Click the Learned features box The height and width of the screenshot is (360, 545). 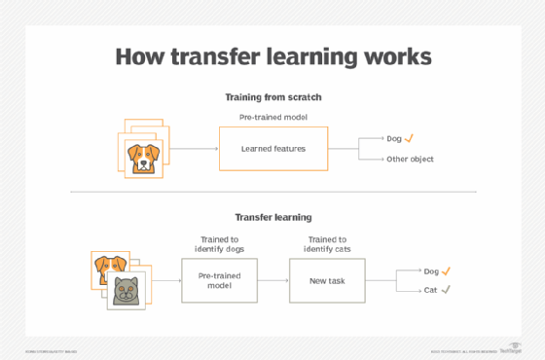[274, 149]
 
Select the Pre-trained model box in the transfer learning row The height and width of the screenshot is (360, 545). [219, 280]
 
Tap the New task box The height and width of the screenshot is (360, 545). [326, 280]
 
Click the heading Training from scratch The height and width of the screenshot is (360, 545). [273, 97]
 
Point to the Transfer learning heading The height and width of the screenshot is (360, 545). [272, 217]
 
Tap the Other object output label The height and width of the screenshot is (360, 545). [409, 159]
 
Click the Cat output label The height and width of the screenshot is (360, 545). [430, 290]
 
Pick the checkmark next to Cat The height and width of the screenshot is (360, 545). [446, 290]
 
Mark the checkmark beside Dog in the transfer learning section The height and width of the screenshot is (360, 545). [447, 271]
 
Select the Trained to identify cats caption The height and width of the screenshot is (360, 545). [327, 245]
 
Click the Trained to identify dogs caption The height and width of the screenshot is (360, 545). [219, 245]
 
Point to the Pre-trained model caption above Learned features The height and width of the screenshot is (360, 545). [273, 117]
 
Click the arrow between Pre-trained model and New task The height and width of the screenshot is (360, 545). [272, 280]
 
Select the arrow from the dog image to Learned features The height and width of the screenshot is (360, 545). [195, 149]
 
